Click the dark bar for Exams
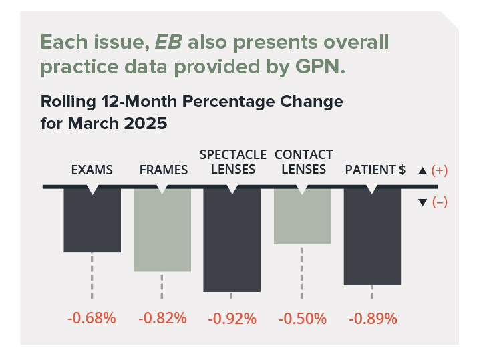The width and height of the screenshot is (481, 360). coord(92,220)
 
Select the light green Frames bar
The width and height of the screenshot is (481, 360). coord(162,230)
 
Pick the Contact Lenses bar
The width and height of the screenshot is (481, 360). coord(303,216)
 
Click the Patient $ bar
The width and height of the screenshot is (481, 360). coord(372,236)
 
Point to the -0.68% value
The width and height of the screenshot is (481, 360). coord(92,318)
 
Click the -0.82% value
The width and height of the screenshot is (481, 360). coord(162,318)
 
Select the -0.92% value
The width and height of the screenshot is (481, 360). coord(232,318)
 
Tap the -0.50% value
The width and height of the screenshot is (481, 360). coord(303,318)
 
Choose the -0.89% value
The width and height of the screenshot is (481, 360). coord(372,318)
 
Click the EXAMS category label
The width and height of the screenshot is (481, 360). coord(92,170)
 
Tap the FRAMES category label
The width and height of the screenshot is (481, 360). coord(163,170)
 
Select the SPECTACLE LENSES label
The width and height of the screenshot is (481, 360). coord(232,162)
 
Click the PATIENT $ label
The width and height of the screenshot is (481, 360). coord(375,170)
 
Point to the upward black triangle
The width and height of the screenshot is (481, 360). coord(422,171)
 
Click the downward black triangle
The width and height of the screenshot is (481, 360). coord(422,202)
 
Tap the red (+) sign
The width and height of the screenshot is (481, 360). coord(439,171)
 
